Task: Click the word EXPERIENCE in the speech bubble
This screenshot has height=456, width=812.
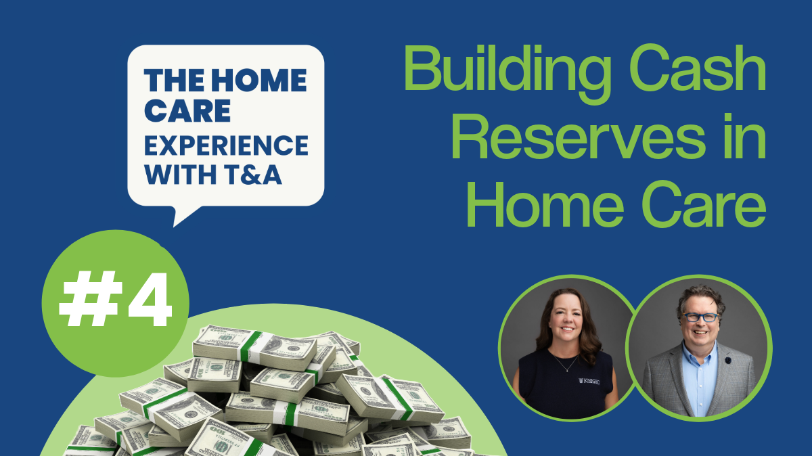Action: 226,145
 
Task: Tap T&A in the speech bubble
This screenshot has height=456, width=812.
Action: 258,175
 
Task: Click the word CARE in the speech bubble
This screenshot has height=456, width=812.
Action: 178,112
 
